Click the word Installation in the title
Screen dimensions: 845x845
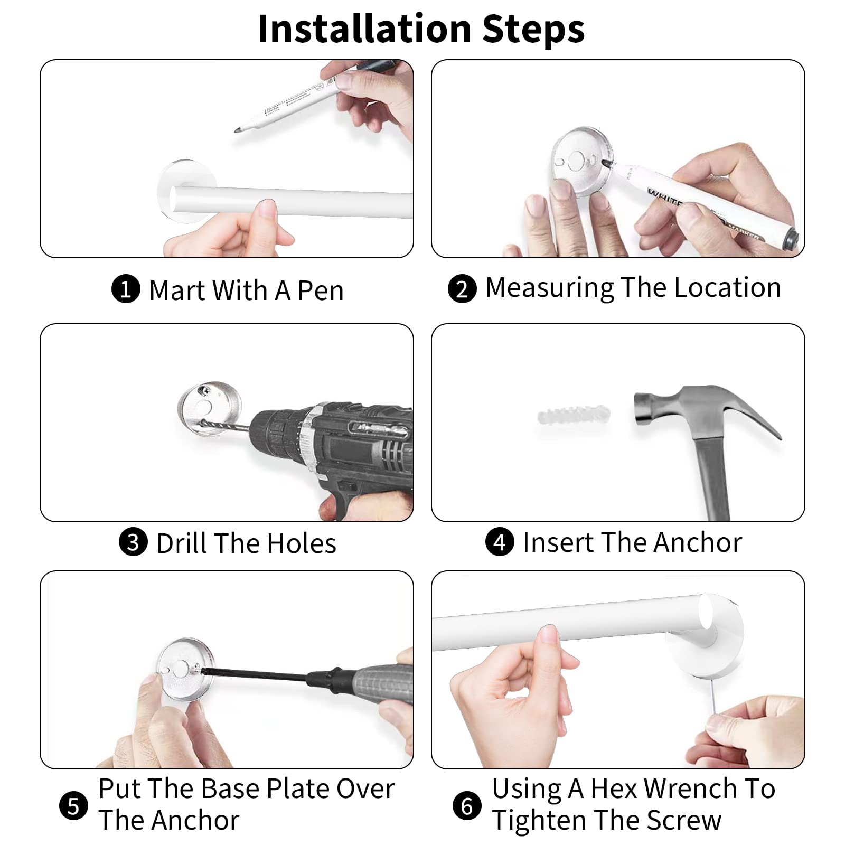tap(364, 29)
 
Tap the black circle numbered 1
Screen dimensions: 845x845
tap(126, 289)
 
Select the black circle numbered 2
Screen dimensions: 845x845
tap(462, 289)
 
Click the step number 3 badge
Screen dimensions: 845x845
tap(133, 542)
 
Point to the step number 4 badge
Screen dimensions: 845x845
tap(499, 542)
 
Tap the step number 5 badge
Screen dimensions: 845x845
tap(73, 806)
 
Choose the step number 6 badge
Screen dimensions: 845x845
tap(467, 806)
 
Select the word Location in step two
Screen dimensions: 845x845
tap(727, 288)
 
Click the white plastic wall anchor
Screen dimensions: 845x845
tap(574, 416)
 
